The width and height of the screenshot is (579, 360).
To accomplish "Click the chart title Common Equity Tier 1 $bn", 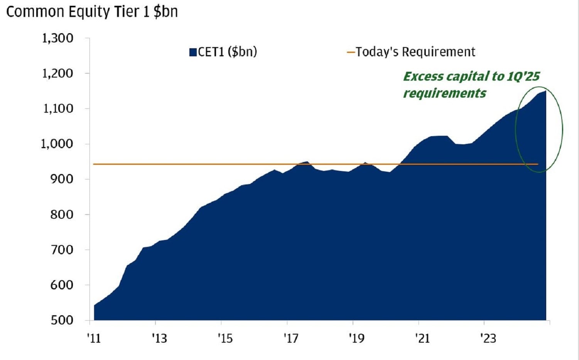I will click(92, 12).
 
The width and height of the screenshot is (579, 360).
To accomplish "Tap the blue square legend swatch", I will click(193, 52).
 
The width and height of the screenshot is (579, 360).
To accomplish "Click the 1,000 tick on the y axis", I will click(57, 144).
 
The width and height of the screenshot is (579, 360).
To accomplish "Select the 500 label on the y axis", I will click(62, 320).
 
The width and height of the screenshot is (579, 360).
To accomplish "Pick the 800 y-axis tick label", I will click(62, 215).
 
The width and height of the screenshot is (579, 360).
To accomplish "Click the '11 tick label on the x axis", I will click(94, 338).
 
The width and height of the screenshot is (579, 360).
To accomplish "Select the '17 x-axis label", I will click(291, 338).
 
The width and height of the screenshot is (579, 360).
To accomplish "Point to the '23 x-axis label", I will click(488, 338).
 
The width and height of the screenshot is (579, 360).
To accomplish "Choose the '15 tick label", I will click(225, 338).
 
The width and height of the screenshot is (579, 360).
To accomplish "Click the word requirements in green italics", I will click(444, 93).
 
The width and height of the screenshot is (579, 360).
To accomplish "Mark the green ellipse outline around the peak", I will click(562, 129).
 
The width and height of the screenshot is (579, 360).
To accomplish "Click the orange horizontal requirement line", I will click(231, 164).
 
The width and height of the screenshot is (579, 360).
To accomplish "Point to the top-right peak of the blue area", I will click(545, 91).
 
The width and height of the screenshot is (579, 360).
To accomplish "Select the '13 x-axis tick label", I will click(159, 338).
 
